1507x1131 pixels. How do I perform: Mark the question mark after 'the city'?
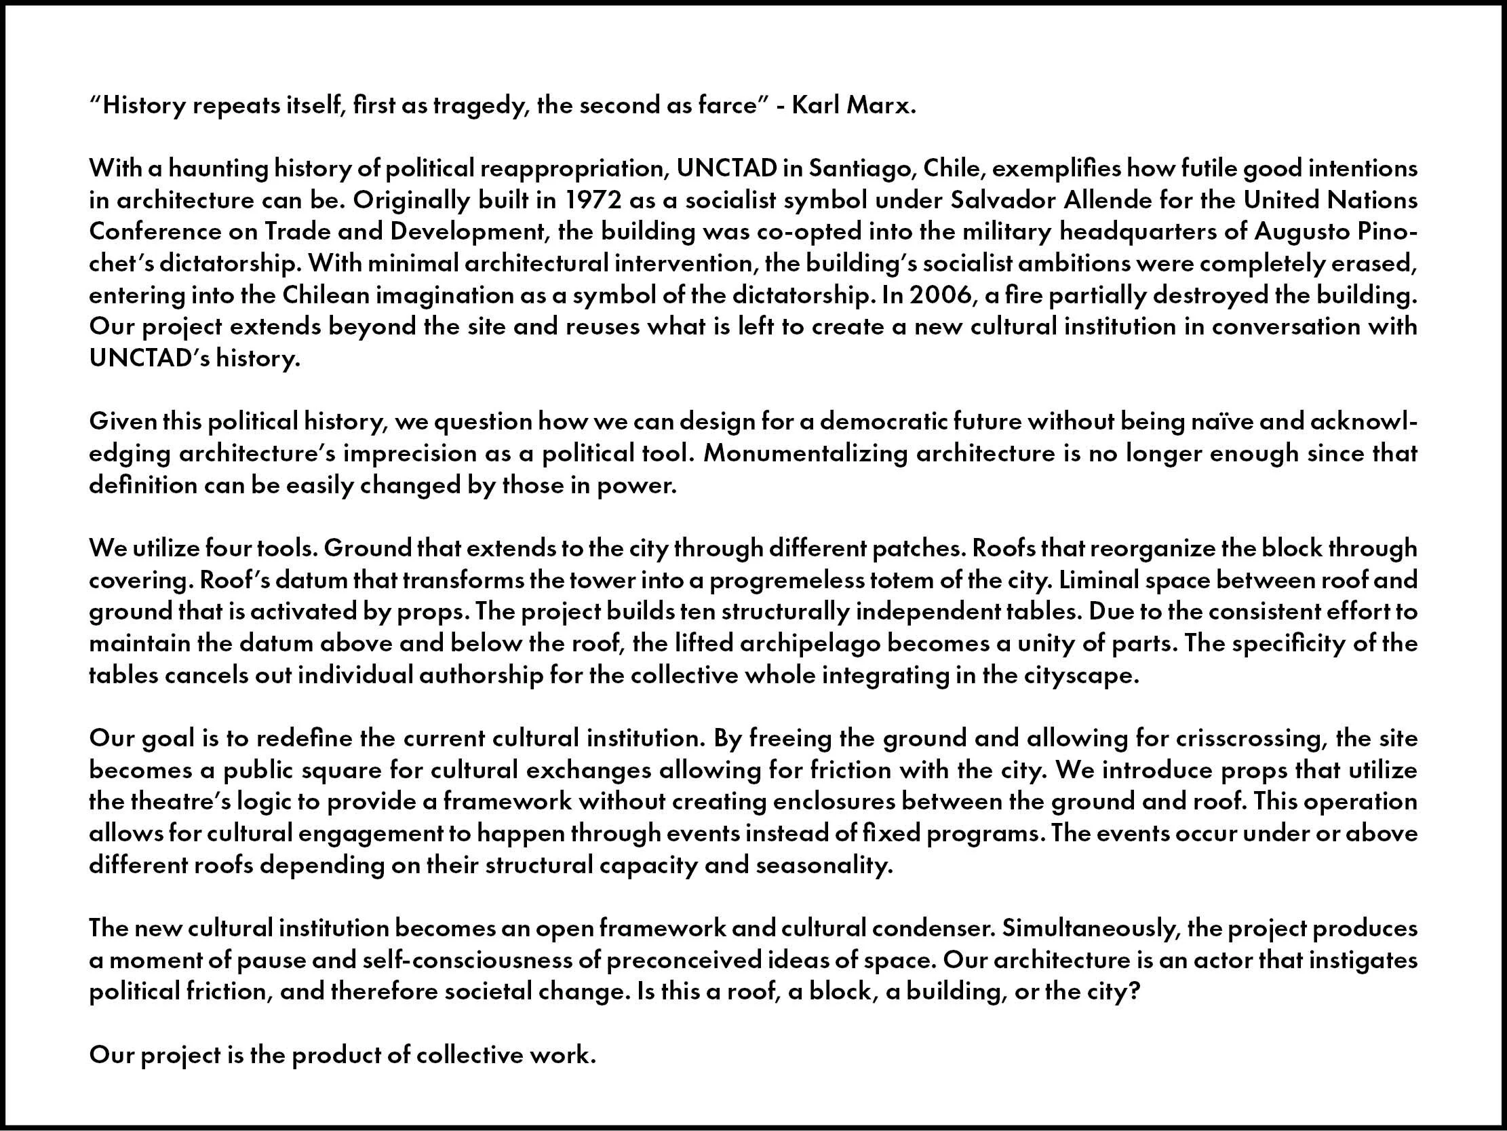[1133, 992]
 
